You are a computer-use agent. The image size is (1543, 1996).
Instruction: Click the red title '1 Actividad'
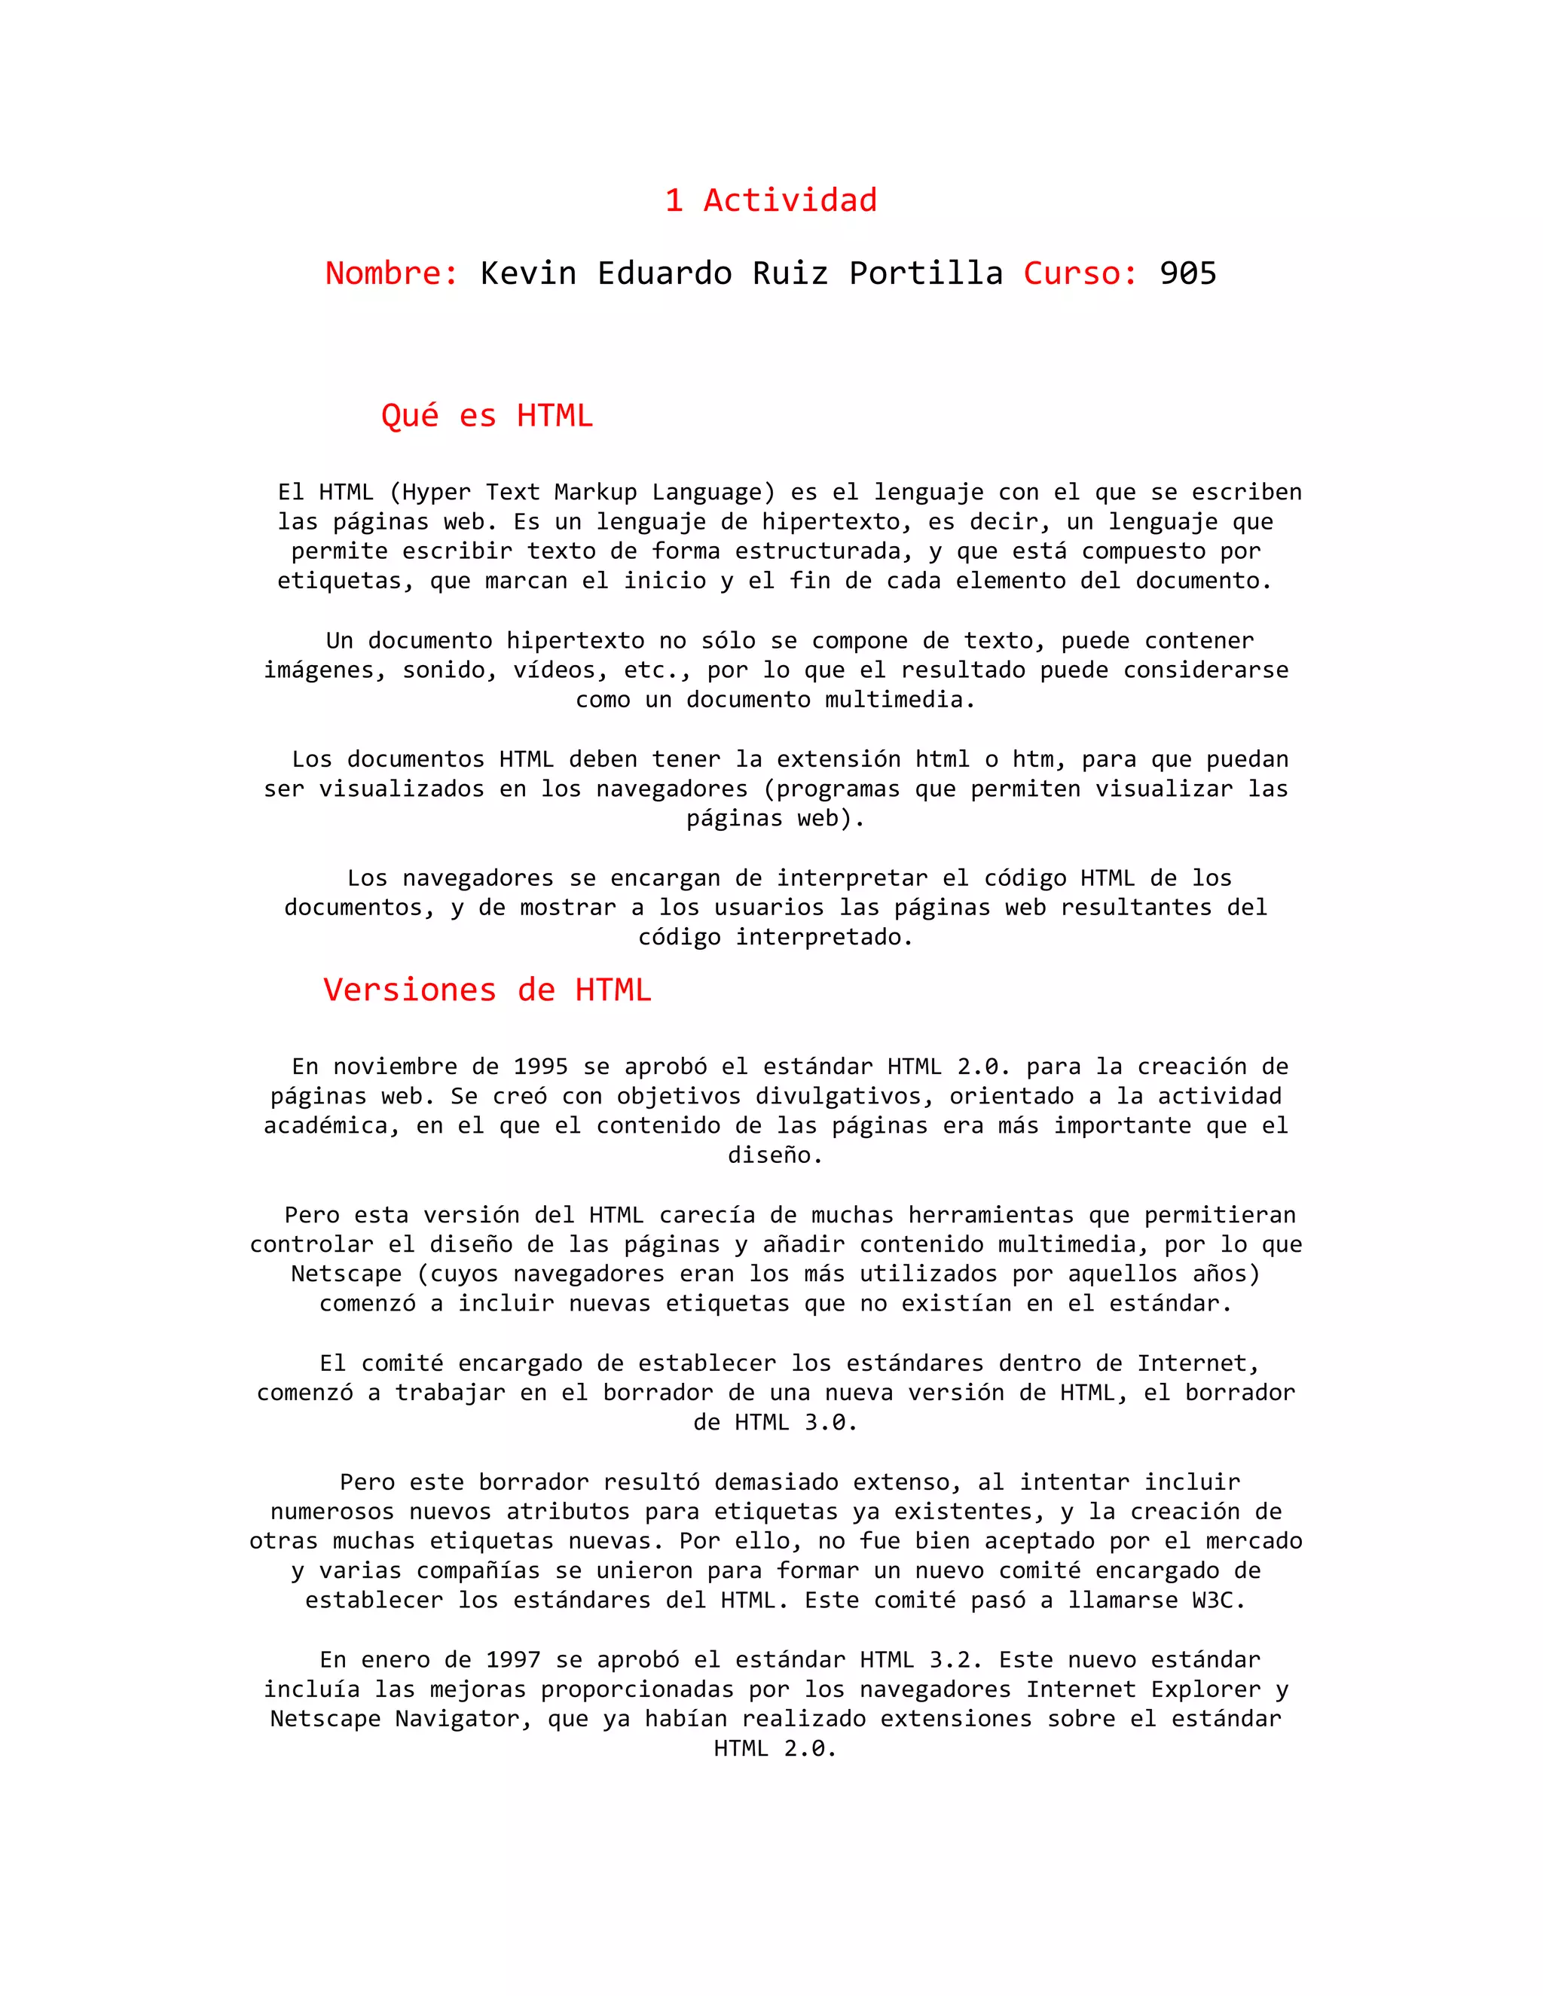[771, 200]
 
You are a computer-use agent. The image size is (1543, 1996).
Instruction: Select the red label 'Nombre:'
[392, 273]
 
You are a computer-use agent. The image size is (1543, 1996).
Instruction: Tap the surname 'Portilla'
[925, 273]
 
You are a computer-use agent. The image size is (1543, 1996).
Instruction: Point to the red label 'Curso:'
[1080, 273]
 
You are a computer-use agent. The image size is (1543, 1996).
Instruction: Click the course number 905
[1187, 273]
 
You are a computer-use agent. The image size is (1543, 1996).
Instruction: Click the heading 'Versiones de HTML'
[487, 990]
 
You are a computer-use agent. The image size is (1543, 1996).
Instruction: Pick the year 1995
[540, 1067]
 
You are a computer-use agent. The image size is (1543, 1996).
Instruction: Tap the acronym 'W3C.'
[1218, 1601]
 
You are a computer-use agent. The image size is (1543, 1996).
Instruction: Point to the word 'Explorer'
[1205, 1689]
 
